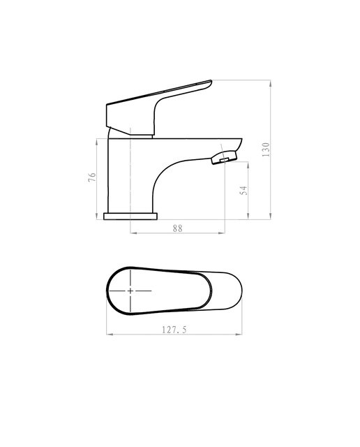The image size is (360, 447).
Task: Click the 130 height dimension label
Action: pyautogui.click(x=265, y=149)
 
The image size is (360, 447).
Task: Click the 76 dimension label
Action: pyautogui.click(x=92, y=177)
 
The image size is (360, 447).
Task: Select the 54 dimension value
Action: pyautogui.click(x=243, y=191)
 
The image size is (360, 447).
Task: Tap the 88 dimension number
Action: pyautogui.click(x=177, y=228)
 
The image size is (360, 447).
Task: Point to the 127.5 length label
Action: pyautogui.click(x=174, y=330)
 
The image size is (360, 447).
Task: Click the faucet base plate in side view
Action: pyautogui.click(x=130, y=217)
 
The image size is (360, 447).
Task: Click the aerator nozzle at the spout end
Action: pyautogui.click(x=224, y=158)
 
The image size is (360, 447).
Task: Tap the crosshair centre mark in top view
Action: pyautogui.click(x=130, y=291)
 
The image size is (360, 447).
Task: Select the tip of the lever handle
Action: pyautogui.click(x=211, y=81)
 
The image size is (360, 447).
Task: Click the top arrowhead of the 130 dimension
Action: pyautogui.click(x=270, y=83)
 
